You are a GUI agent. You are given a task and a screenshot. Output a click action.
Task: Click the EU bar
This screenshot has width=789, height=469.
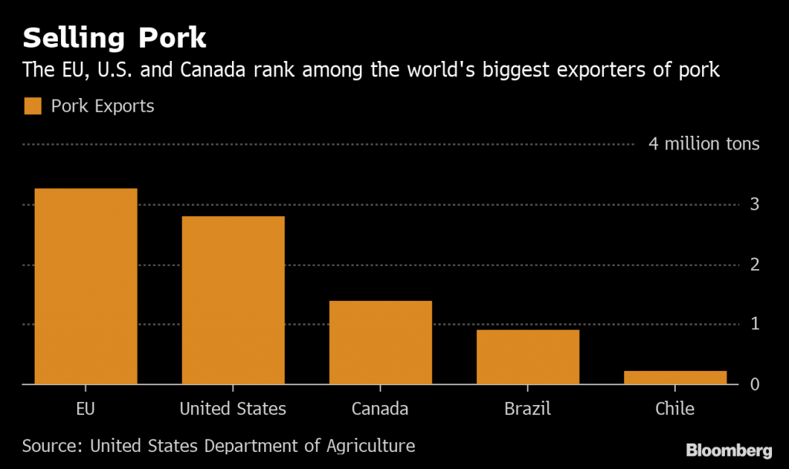[86, 286]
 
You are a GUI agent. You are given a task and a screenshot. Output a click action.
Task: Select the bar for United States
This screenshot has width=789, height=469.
[233, 300]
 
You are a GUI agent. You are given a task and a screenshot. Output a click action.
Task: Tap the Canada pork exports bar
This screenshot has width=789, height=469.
[380, 342]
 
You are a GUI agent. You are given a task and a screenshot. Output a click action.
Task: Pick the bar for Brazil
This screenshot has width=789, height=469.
[527, 357]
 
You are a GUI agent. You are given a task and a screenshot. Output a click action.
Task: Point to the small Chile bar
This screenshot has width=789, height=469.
[675, 377]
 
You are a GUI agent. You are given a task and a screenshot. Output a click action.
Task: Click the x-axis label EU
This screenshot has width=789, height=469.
[86, 409]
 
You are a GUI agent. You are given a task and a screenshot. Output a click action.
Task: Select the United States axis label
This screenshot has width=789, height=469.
[233, 409]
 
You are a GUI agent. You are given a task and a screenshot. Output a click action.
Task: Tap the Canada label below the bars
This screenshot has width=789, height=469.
[380, 409]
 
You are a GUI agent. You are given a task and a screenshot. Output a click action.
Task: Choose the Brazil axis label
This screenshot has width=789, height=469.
[527, 409]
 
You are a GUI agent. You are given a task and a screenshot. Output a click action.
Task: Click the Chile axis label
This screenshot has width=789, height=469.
[675, 409]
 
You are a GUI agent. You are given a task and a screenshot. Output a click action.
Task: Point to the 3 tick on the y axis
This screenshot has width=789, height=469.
[755, 204]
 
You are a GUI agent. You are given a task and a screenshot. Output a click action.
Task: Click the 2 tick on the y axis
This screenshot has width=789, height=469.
[755, 265]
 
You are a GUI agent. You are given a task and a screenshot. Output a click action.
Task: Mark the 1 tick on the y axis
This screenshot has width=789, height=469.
[755, 324]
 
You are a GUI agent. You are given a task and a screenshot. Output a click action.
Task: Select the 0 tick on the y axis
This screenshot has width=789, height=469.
[755, 384]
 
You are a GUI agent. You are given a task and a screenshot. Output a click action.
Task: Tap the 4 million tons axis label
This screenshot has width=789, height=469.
[703, 144]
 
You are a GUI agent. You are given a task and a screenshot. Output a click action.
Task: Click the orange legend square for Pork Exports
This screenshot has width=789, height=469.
[32, 106]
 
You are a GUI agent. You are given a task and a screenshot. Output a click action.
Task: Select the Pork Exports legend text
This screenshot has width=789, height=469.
[102, 106]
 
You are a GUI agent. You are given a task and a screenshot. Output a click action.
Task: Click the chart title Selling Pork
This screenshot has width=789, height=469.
[114, 39]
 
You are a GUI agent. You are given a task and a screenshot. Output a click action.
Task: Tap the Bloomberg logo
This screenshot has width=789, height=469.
[729, 450]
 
